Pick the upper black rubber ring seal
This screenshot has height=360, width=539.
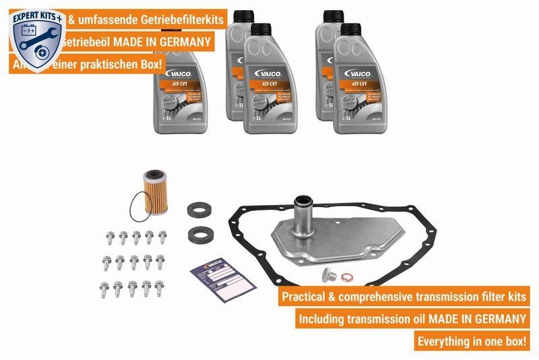[x=200, y=210]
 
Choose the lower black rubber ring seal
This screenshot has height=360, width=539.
[x=200, y=236]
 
